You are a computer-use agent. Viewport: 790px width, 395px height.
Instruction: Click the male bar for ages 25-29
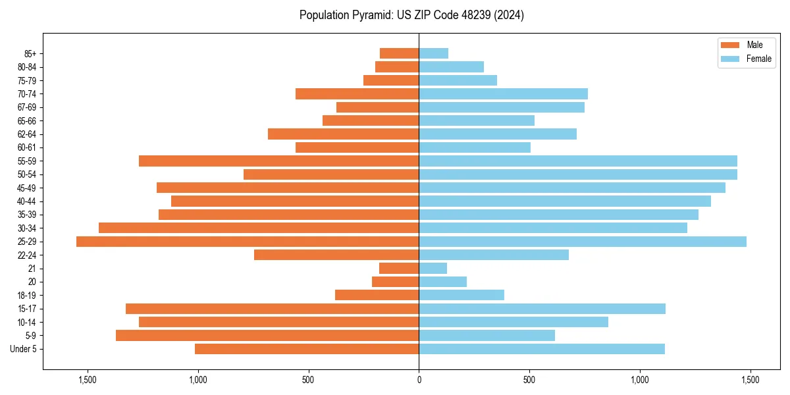pyautogui.click(x=248, y=242)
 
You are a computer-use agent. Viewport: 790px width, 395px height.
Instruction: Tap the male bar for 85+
pyautogui.click(x=399, y=53)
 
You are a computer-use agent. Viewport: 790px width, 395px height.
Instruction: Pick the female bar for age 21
pyautogui.click(x=433, y=269)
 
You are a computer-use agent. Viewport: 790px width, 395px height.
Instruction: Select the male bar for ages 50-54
pyautogui.click(x=331, y=174)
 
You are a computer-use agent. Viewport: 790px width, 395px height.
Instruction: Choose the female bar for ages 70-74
pyautogui.click(x=503, y=94)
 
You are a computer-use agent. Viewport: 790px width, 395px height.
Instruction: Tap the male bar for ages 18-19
pyautogui.click(x=377, y=296)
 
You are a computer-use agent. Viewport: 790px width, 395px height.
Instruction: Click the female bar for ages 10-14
pyautogui.click(x=513, y=323)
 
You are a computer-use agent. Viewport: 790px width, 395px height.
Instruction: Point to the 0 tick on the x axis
pyautogui.click(x=419, y=380)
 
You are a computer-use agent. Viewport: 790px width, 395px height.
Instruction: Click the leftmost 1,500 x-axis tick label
pyautogui.click(x=88, y=380)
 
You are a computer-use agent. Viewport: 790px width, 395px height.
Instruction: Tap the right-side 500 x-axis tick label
pyautogui.click(x=529, y=380)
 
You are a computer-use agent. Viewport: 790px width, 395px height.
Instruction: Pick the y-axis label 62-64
pyautogui.click(x=27, y=134)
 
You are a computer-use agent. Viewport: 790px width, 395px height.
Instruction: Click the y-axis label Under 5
pyautogui.click(x=24, y=349)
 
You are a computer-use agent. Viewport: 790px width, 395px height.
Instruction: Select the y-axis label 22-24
pyautogui.click(x=27, y=255)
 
